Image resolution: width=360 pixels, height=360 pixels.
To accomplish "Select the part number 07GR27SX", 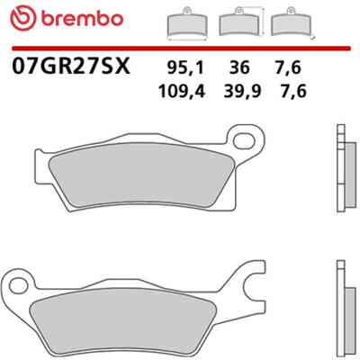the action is (x=71, y=66).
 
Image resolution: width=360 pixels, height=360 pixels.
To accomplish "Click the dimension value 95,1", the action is (x=185, y=67).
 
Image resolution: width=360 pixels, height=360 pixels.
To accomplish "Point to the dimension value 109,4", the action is (x=182, y=91).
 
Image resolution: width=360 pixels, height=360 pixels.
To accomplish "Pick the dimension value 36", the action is (x=239, y=67).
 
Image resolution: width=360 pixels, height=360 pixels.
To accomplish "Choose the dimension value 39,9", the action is (x=242, y=91).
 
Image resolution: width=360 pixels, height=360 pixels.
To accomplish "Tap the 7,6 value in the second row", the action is (x=293, y=91).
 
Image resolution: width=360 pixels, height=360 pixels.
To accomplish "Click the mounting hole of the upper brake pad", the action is (x=244, y=141).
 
